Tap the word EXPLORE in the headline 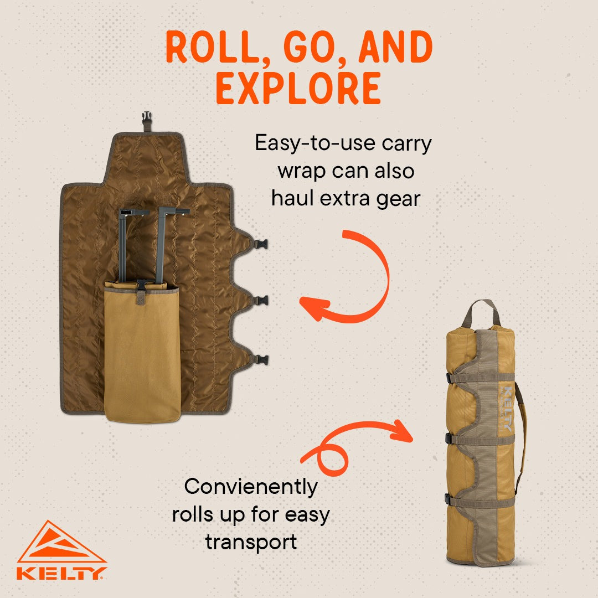click(298, 88)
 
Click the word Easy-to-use click(316, 143)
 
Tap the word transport click(251, 542)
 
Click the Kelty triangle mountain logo click(61, 542)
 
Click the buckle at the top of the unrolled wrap click(146, 119)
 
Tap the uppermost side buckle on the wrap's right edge click(261, 244)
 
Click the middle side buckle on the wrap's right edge click(261, 301)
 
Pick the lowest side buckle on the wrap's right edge click(261, 360)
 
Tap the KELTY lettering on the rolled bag click(508, 409)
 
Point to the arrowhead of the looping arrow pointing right click(404, 431)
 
